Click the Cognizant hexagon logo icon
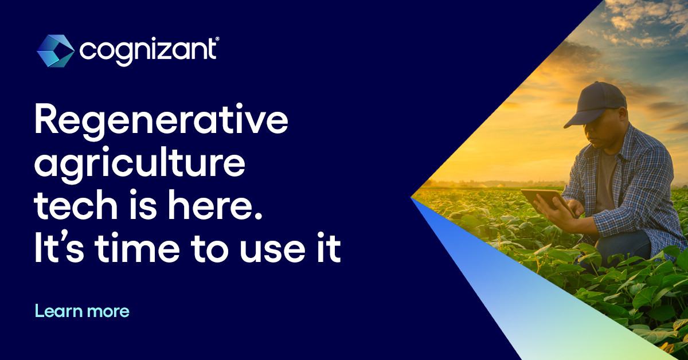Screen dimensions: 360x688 (x=55, y=50)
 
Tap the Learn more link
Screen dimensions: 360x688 (x=82, y=311)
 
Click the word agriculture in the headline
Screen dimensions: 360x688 (x=140, y=165)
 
